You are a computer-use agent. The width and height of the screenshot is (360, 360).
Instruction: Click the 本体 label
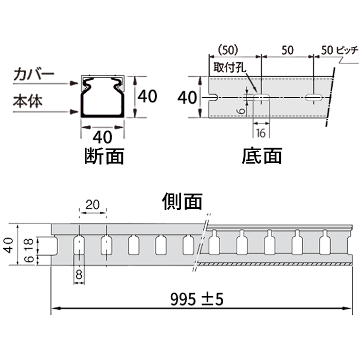pyautogui.click(x=28, y=101)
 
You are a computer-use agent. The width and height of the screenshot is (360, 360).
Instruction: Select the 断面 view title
pyautogui.click(x=104, y=156)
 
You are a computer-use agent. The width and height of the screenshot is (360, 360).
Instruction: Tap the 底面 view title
pyautogui.click(x=262, y=156)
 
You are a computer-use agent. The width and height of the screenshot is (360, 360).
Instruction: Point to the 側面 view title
pyautogui.click(x=182, y=202)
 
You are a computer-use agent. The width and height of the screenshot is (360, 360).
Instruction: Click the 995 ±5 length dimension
pyautogui.click(x=197, y=299)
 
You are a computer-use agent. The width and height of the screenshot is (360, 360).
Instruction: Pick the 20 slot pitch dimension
pyautogui.click(x=93, y=205)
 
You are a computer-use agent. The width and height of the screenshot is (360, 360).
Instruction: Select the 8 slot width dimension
pyautogui.click(x=79, y=274)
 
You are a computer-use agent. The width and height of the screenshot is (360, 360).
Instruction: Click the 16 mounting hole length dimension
pyautogui.click(x=261, y=133)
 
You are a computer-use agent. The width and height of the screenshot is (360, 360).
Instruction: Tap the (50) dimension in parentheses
pyautogui.click(x=228, y=50)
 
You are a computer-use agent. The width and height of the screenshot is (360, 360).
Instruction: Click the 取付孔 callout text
pyautogui.click(x=230, y=67)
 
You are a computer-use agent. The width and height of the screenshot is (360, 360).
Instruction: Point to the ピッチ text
pyautogui.click(x=347, y=50)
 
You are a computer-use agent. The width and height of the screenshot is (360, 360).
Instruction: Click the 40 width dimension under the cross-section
pyautogui.click(x=102, y=137)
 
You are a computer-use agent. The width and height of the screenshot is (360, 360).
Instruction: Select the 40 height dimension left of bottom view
pyautogui.click(x=187, y=97)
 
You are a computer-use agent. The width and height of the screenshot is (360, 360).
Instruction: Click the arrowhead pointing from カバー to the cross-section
pyautogui.click(x=75, y=83)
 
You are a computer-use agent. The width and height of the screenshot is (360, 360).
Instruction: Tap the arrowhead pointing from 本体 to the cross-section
pyautogui.click(x=75, y=112)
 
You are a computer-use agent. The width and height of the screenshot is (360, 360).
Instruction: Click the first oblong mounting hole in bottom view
pyautogui.click(x=261, y=98)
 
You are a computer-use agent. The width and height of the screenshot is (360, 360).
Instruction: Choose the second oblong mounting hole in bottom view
pyautogui.click(x=314, y=98)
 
